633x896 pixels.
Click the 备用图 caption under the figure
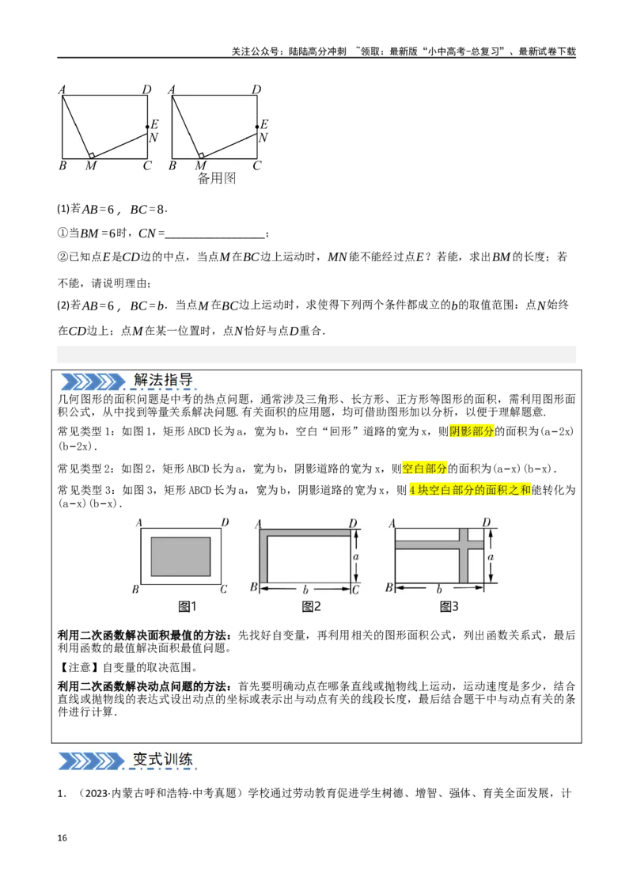point(217,179)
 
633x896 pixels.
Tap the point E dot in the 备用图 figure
point(256,127)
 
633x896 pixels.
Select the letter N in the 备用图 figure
point(263,138)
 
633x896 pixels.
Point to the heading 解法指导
point(164,380)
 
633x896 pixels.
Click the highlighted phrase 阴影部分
point(472,431)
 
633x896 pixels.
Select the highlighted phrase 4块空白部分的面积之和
point(469,491)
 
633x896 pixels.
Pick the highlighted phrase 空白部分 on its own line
point(425,468)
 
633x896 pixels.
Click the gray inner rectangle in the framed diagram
point(180,556)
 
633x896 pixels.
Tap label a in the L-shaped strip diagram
point(356,557)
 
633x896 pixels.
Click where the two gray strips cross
point(465,544)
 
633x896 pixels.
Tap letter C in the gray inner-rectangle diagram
point(224,589)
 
